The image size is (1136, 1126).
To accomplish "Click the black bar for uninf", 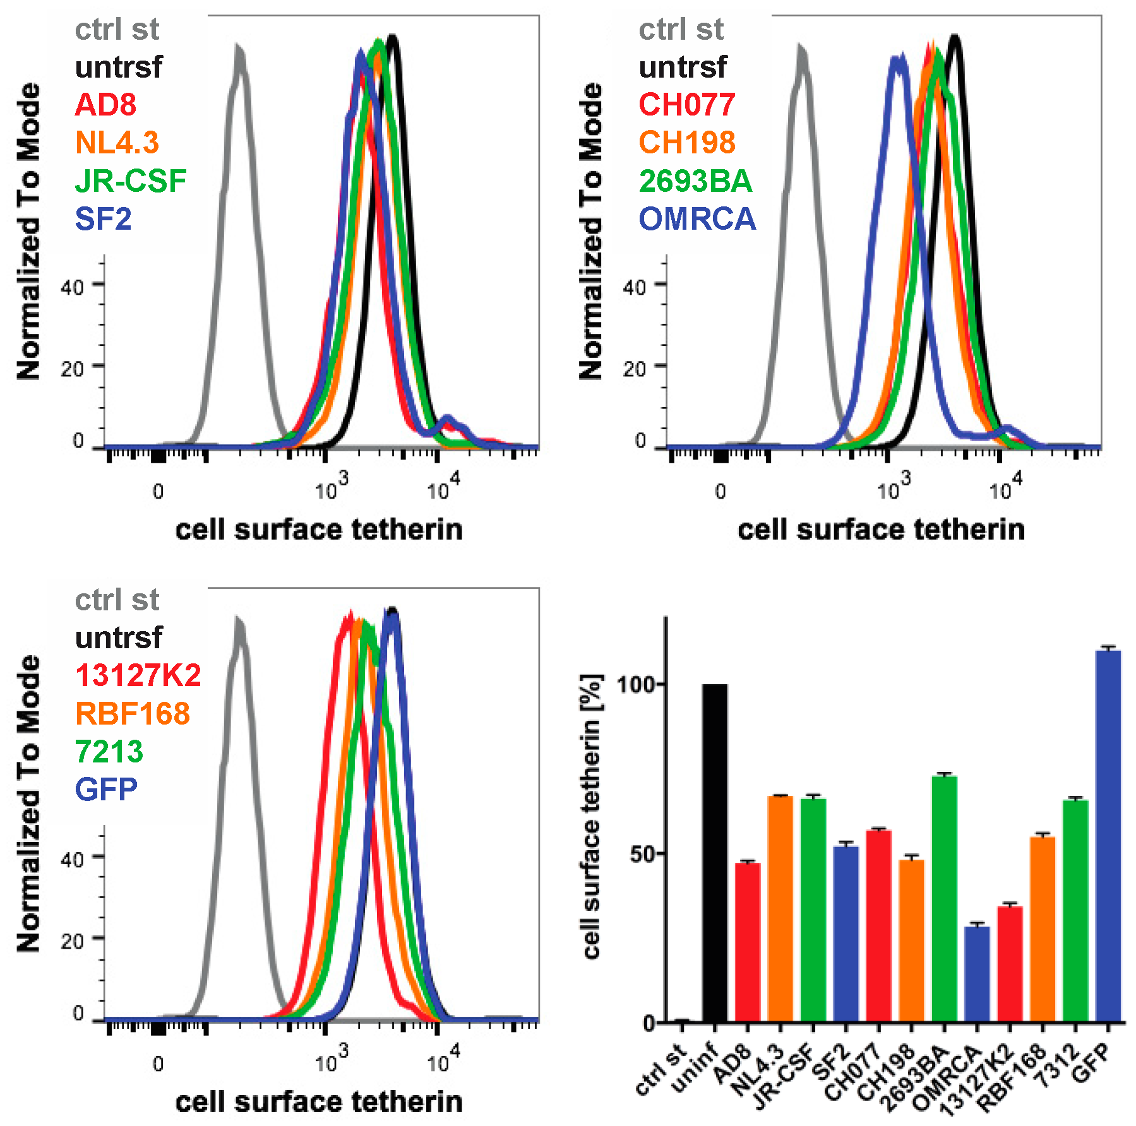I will (714, 852).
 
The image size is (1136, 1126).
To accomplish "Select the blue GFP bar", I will (1108, 836).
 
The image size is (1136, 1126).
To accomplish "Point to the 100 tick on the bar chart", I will (639, 684).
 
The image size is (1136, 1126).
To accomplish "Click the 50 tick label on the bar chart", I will (642, 854).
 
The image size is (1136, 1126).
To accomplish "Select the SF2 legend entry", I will (103, 219).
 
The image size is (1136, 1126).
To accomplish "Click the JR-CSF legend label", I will (131, 181).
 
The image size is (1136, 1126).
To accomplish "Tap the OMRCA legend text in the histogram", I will (697, 219).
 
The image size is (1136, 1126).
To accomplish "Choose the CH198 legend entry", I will (687, 143).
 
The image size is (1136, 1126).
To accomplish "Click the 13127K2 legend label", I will (138, 675).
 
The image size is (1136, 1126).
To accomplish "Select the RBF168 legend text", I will (133, 714).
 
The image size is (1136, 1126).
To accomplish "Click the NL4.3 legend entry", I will (117, 143).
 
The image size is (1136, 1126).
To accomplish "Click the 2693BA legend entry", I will (695, 181).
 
